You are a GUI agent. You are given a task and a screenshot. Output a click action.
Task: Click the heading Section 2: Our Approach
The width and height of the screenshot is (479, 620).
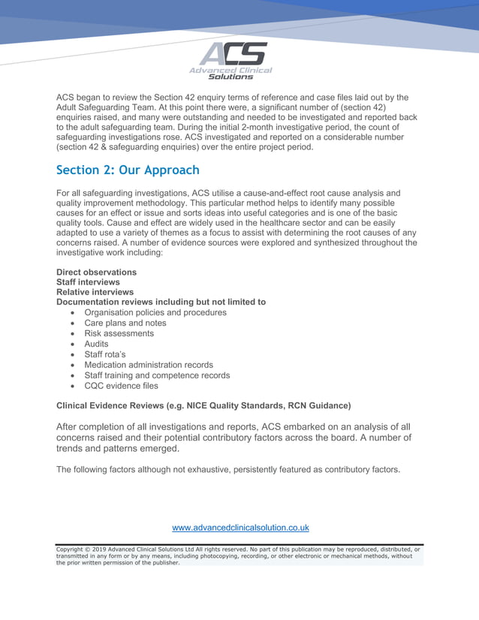point(128,170)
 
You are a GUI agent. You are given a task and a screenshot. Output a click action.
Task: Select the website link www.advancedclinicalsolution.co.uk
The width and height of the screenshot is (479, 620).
point(240,528)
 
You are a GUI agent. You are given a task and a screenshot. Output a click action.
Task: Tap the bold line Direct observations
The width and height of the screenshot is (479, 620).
point(96,272)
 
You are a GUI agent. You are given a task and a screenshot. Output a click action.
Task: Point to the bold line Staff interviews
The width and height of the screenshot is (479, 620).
point(88,282)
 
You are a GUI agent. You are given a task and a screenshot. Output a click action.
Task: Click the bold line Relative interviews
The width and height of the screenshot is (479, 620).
point(95,292)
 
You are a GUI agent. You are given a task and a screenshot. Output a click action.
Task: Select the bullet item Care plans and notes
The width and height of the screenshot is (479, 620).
point(125,323)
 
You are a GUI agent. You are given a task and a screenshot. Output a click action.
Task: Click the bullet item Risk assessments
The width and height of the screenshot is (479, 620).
point(119,333)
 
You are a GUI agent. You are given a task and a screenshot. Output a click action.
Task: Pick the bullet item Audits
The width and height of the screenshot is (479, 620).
point(96,344)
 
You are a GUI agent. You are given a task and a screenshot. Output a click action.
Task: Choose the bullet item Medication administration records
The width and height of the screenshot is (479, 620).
point(148,365)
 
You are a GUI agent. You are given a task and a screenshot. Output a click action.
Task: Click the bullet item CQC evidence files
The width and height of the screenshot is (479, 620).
point(121,386)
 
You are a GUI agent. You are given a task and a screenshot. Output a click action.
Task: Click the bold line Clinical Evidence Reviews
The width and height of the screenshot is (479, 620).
point(203,406)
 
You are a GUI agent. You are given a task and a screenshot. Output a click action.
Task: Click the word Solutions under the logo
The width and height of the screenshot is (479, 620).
point(230,77)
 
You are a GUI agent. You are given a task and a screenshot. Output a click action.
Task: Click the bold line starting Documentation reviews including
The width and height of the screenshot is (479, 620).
point(161,302)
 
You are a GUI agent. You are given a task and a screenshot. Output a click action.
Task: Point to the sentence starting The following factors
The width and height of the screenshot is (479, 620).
point(228,470)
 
